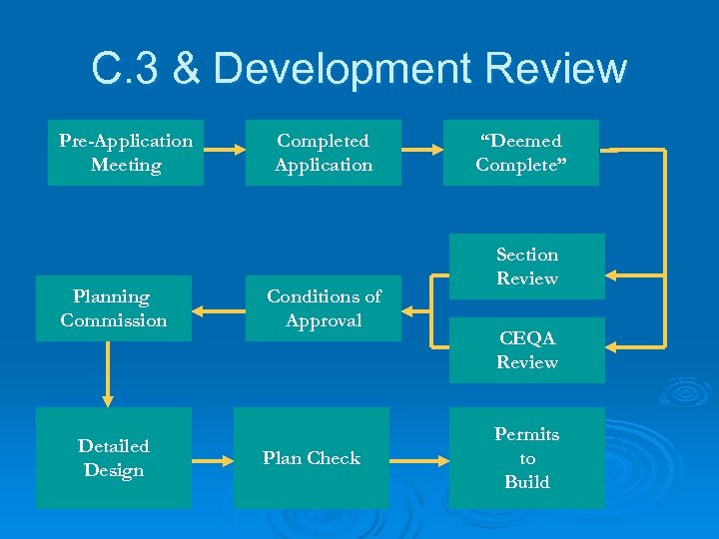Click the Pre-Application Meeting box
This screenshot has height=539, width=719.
tap(126, 153)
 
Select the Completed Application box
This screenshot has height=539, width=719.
tap(323, 153)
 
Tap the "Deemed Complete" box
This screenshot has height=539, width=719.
tap(520, 153)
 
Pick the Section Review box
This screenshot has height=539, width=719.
tap(526, 267)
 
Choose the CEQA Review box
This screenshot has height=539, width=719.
tap(526, 350)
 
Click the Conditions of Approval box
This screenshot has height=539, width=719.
tap(323, 308)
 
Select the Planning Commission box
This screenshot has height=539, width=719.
tap(114, 308)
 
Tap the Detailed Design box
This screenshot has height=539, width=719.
tap(114, 458)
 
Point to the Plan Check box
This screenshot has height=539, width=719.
tap(311, 458)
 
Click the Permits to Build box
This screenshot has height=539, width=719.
tap(526, 458)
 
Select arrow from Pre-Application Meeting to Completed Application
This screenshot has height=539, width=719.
tap(225, 151)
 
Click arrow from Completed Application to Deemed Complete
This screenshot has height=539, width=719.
tap(421, 151)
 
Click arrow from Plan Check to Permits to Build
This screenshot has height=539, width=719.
tap(418, 461)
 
